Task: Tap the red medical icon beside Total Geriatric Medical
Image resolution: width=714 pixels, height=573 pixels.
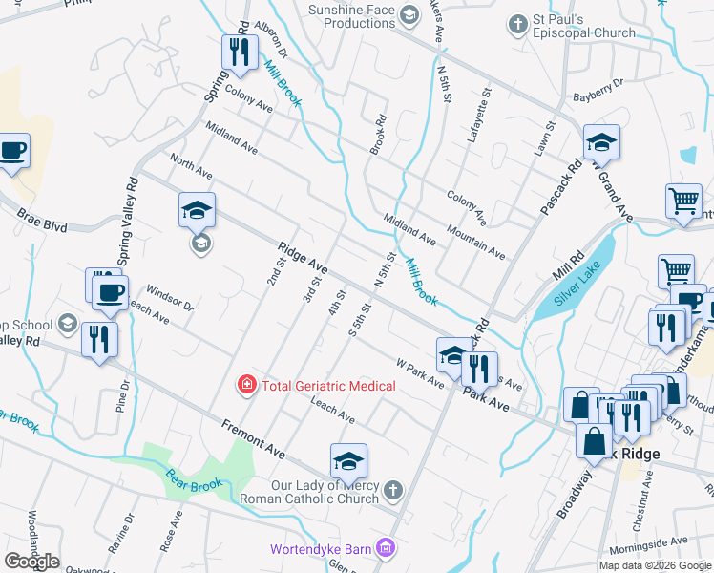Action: [246, 385]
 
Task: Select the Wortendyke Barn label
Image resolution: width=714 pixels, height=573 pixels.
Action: [321, 549]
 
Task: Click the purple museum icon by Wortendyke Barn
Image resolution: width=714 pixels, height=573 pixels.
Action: [386, 549]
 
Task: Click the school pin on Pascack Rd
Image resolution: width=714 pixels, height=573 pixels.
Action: [602, 142]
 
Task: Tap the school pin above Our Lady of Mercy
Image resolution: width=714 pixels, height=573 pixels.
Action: [349, 461]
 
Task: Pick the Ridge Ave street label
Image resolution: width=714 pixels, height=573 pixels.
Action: [304, 259]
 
